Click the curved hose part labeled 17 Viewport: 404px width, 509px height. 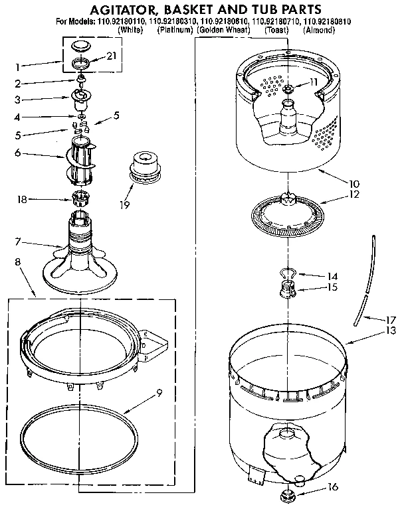pos(366,279)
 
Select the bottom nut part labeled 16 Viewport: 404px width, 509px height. pos(287,494)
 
